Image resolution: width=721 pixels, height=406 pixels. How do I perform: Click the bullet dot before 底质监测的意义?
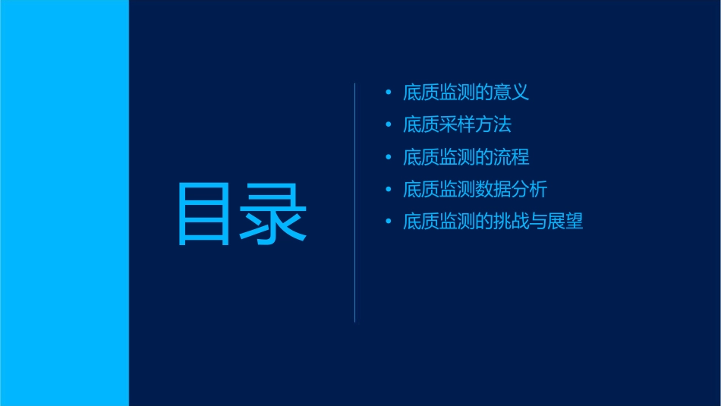(x=389, y=93)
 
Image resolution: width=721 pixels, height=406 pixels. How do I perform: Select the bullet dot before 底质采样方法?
(x=389, y=124)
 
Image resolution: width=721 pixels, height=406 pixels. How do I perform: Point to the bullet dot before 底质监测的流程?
(x=389, y=157)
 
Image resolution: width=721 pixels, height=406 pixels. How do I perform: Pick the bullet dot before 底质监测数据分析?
(x=389, y=189)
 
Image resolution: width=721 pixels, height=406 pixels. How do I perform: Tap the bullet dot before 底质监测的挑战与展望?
(x=389, y=222)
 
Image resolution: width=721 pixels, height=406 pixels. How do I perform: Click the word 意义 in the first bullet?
(x=511, y=93)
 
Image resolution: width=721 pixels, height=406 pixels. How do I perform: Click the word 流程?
(x=511, y=157)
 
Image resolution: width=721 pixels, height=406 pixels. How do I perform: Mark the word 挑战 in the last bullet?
(x=511, y=222)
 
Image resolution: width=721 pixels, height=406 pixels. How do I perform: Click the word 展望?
(x=565, y=222)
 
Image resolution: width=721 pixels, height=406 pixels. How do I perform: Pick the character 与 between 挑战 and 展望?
(x=537, y=222)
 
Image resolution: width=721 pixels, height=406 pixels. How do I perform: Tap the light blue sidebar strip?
(x=64, y=203)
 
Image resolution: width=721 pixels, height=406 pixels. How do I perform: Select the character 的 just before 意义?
(x=484, y=93)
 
